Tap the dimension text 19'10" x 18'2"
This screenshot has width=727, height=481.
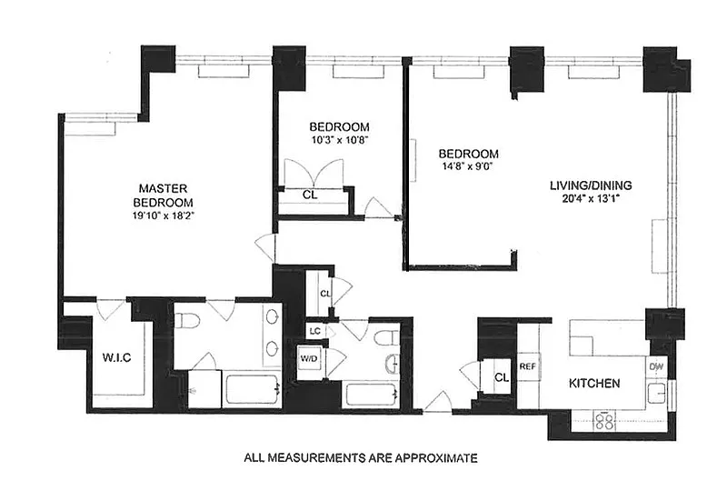click(x=164, y=215)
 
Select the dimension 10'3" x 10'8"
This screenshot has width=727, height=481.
click(x=338, y=140)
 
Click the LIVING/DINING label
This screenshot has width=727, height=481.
click(x=591, y=185)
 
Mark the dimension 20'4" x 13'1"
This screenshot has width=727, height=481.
click(x=591, y=200)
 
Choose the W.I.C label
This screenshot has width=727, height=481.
click(x=117, y=356)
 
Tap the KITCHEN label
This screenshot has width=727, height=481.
click(x=595, y=384)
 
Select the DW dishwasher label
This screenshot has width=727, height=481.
click(x=657, y=366)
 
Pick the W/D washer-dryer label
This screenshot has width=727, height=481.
click(x=309, y=358)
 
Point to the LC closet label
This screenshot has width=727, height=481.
click(x=314, y=331)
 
